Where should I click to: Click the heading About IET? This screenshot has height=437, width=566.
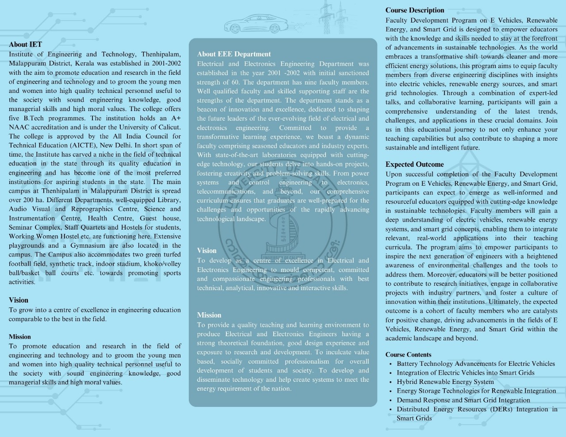coord(25,44)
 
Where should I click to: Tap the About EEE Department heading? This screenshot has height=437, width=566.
coord(233,54)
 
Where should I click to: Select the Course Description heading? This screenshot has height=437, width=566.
coord(414,10)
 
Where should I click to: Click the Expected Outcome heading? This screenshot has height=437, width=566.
coord(414,164)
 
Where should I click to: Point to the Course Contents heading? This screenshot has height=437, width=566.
coord(408,354)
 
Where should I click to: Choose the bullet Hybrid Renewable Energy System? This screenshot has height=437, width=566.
coord(445,382)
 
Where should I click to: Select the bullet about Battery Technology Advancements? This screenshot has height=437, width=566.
coord(475,364)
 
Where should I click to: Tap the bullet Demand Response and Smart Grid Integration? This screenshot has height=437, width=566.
coord(463,400)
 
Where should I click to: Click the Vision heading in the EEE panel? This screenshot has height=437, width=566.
coord(207,250)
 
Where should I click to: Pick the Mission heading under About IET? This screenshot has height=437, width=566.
coord(19,337)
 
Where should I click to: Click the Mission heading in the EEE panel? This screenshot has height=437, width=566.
coord(209,315)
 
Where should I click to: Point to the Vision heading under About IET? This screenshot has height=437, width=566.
coord(18,300)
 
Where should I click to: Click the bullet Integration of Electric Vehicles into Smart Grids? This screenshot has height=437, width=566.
coord(465,372)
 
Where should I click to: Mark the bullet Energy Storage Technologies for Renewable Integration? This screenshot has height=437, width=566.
coord(476,391)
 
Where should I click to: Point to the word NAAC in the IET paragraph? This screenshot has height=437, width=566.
coord(19,127)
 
